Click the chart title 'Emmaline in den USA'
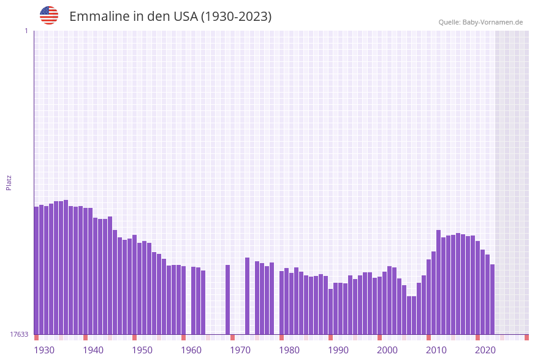click(x=170, y=17)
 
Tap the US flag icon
click(x=49, y=15)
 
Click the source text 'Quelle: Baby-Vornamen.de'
click(x=480, y=22)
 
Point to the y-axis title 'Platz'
click(x=9, y=182)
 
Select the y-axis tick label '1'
click(x=26, y=31)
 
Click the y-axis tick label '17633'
click(x=19, y=334)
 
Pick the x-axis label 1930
click(x=44, y=350)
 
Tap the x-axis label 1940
click(x=93, y=350)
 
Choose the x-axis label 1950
click(x=142, y=350)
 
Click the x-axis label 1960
click(x=191, y=350)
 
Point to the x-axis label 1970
click(x=240, y=350)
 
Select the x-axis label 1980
click(x=289, y=350)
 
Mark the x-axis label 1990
click(x=338, y=350)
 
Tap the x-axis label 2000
click(x=387, y=350)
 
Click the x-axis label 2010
click(x=436, y=350)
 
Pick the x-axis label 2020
click(x=485, y=350)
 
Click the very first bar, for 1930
click(x=37, y=270)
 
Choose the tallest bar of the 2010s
click(x=439, y=282)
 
